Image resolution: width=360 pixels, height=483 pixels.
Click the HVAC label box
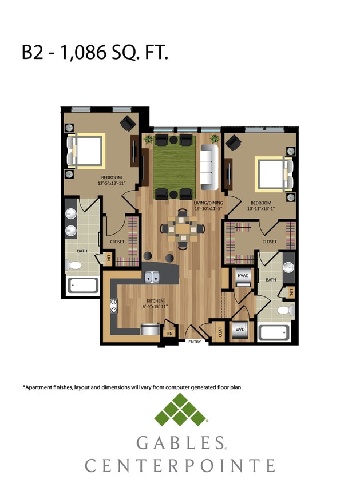[x=242, y=276]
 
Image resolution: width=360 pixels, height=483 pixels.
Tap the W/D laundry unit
[x=239, y=330]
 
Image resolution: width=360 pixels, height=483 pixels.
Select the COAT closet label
[x=220, y=332]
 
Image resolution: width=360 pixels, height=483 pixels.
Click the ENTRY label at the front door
[x=195, y=342]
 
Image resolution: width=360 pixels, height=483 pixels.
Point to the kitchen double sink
[x=152, y=278]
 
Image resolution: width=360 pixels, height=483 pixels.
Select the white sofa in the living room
[x=210, y=168]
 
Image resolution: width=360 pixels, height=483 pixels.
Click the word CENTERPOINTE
[x=180, y=465]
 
